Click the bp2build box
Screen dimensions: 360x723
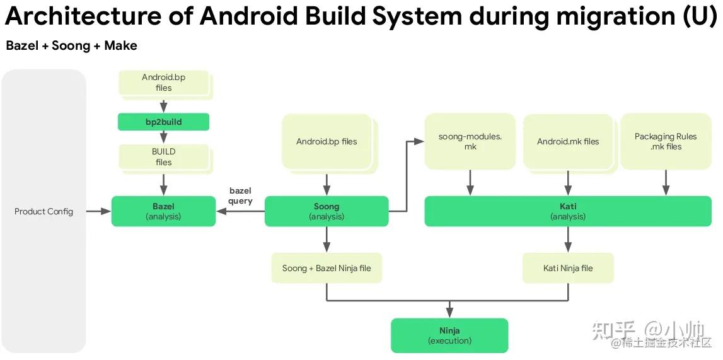tap(163, 122)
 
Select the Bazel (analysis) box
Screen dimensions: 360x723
tap(163, 211)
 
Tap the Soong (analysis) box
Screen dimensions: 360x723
tap(326, 211)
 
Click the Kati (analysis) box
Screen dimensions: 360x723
tap(567, 211)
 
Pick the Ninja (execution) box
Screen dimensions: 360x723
tap(449, 335)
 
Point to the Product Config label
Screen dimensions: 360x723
tap(43, 211)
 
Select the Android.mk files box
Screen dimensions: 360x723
tap(567, 142)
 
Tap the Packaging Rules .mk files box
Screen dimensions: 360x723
tap(666, 142)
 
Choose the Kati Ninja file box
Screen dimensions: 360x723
tap(567, 268)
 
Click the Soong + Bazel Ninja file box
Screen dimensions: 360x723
tap(326, 268)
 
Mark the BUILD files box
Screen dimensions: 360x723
tap(163, 157)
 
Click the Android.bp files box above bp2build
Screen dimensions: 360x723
tap(163, 83)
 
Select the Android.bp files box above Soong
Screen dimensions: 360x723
tap(326, 142)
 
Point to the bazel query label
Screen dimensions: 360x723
tap(240, 196)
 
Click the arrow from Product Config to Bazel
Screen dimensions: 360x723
tap(98, 211)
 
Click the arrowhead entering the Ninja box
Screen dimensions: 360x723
tap(449, 313)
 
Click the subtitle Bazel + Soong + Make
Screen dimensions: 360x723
tap(71, 45)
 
